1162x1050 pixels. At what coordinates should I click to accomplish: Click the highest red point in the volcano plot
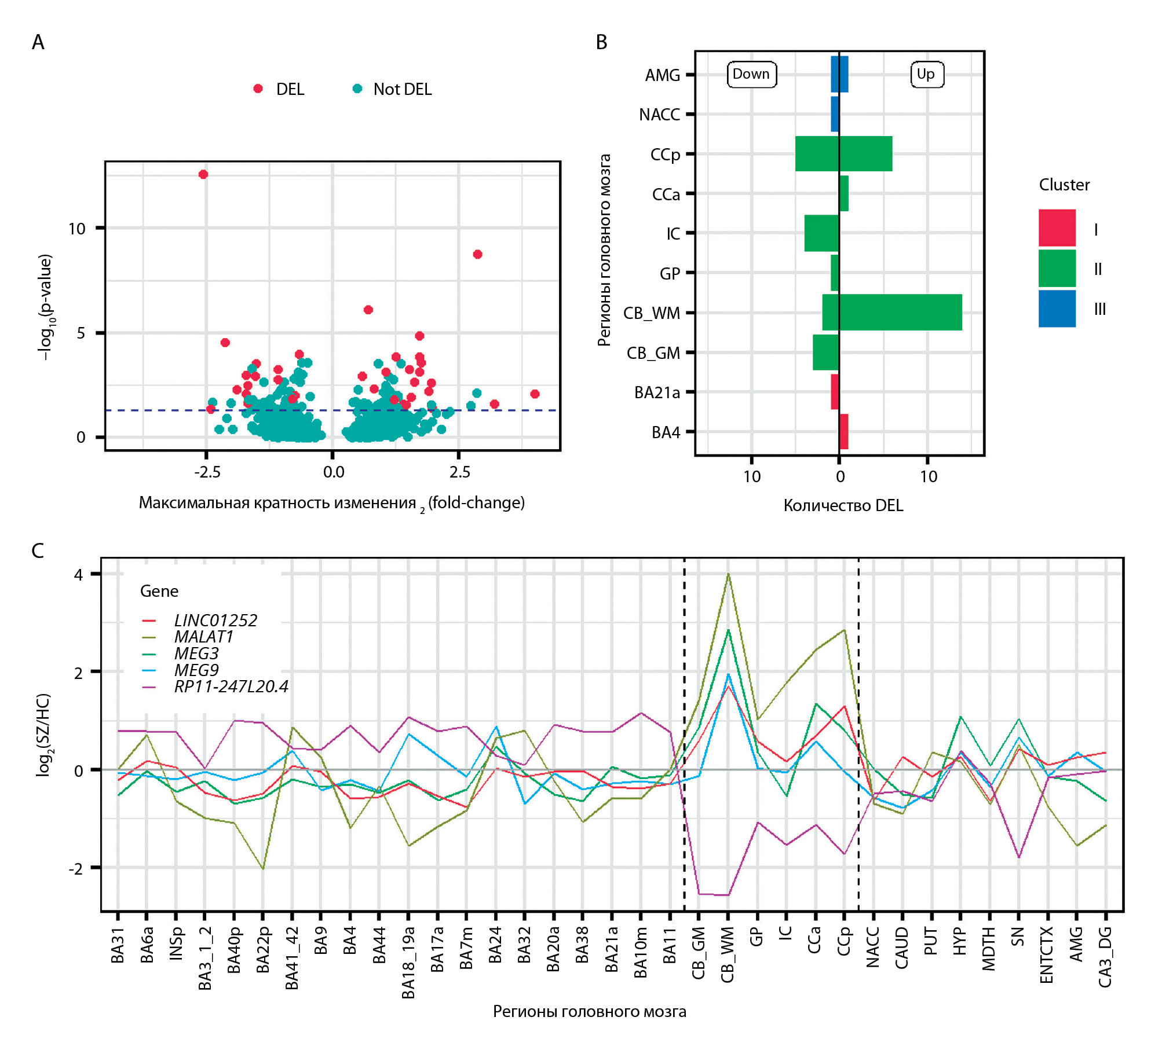[203, 174]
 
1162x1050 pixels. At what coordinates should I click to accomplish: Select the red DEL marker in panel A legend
[258, 89]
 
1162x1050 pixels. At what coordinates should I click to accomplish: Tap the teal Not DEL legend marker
[357, 89]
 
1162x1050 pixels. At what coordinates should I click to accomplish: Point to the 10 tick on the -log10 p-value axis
[77, 229]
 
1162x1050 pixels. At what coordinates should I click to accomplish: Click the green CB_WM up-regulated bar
[900, 313]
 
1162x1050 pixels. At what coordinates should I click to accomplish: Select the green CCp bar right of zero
[865, 154]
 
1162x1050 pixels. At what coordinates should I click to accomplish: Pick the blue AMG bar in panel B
[839, 74]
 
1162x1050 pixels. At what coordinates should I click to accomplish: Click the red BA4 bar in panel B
[843, 432]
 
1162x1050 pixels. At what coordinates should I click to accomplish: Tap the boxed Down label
[751, 74]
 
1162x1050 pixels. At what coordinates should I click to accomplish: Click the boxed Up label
[926, 74]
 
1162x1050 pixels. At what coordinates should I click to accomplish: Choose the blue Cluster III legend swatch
[1057, 309]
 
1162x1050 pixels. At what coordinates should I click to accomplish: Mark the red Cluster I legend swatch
[1057, 228]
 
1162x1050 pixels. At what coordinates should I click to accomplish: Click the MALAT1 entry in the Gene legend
[203, 637]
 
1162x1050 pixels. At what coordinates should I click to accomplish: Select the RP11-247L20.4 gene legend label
[231, 686]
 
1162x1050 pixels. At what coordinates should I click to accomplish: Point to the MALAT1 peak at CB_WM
[728, 574]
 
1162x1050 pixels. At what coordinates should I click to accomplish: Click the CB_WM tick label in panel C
[728, 954]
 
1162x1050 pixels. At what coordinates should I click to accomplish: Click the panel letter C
[38, 550]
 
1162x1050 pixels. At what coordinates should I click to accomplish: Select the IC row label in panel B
[673, 234]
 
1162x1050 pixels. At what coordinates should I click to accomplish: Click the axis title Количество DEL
[843, 505]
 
